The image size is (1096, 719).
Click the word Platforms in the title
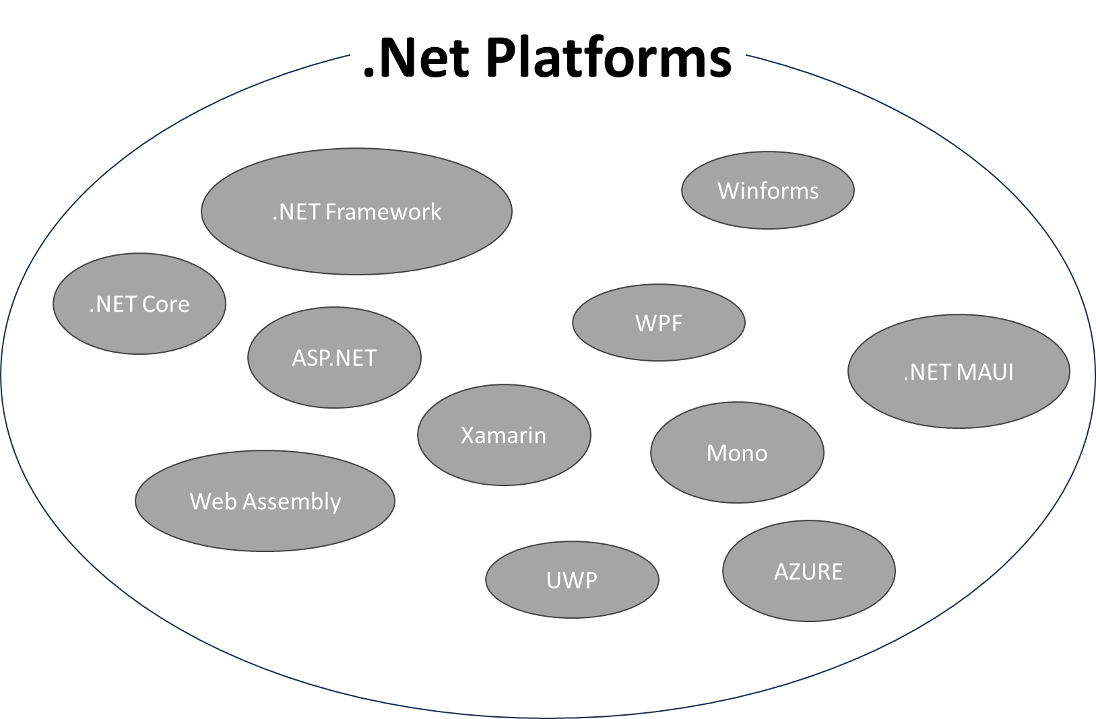[608, 58]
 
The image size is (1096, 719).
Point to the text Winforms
[768, 191]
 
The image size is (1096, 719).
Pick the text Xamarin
[504, 435]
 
